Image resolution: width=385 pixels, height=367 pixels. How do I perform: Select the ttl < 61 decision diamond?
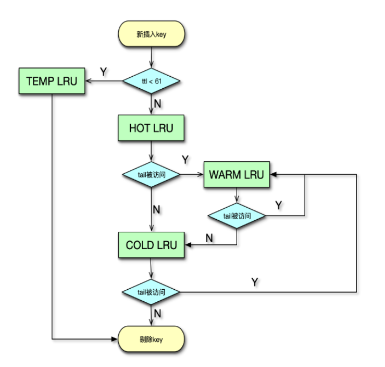coord(151,81)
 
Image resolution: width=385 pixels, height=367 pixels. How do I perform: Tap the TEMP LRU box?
coord(52,81)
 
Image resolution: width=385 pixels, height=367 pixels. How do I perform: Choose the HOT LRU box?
coord(151,128)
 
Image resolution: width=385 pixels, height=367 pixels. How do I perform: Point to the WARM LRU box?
coord(237,174)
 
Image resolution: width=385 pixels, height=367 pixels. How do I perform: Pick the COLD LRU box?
coord(151,245)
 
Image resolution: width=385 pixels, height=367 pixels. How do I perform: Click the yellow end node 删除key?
coord(151,339)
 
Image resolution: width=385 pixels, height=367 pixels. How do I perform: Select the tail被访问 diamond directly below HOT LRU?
coord(151,174)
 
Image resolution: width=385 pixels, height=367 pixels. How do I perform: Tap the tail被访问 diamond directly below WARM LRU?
coord(237,216)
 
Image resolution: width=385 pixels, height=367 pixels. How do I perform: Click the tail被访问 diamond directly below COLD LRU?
coord(151,292)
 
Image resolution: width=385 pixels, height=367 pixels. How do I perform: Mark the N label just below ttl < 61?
coord(158,104)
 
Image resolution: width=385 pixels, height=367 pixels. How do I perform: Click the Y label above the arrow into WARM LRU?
coord(185,159)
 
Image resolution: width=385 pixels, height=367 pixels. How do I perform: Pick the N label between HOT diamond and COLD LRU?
coord(156,209)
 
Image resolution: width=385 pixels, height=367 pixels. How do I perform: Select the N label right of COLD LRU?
coord(209,238)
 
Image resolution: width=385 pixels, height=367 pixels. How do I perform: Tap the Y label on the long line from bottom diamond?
coord(255,282)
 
